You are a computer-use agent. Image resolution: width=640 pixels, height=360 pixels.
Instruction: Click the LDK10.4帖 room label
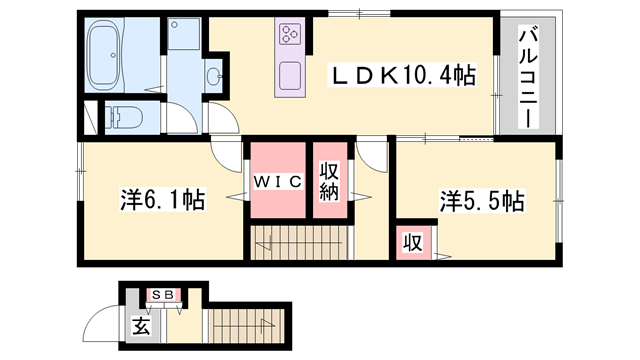(403, 73)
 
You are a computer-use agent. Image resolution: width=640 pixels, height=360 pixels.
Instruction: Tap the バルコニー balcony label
(525, 78)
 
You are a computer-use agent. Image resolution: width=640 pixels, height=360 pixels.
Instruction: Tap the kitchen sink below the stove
(290, 76)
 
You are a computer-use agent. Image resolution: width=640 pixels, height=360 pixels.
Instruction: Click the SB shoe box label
(163, 295)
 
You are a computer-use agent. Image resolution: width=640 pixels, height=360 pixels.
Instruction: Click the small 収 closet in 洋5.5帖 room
(411, 242)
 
